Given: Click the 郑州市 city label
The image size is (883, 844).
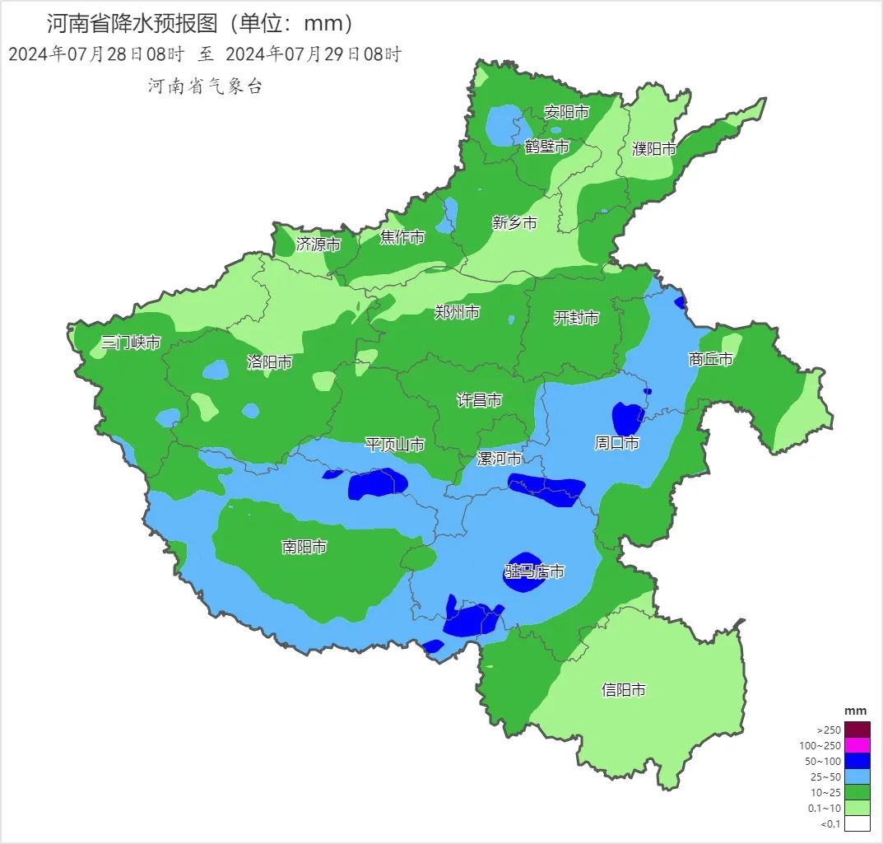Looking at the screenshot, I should tap(457, 312).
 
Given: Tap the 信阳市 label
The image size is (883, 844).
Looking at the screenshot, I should tap(623, 690).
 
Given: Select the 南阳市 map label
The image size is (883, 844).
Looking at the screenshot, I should tap(304, 547).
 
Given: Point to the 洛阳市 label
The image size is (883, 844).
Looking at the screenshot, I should tap(269, 362).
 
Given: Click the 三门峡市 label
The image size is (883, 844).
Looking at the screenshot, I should tap(130, 343).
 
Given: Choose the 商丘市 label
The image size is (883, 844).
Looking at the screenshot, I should tap(710, 359).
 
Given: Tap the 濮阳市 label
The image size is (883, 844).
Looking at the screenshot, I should tap(654, 149).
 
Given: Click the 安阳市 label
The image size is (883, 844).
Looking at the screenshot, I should tap(566, 112).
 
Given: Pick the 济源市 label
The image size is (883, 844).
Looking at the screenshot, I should tap(318, 244).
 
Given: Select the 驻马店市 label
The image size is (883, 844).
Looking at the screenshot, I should tap(534, 571).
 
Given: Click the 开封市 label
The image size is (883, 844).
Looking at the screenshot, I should tap(576, 318).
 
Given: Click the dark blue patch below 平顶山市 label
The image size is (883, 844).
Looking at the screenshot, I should tap(378, 484).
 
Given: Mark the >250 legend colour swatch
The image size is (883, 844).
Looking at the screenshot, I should tap(857, 730).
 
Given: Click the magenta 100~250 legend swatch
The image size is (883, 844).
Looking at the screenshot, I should tap(857, 745).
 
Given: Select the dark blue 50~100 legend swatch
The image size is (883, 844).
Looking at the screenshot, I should tap(857, 761).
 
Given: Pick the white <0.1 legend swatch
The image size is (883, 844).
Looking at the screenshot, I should tap(857, 823).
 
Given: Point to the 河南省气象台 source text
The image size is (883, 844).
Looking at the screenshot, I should tap(205, 86).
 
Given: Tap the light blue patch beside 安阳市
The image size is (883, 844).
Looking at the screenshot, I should tap(504, 126).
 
